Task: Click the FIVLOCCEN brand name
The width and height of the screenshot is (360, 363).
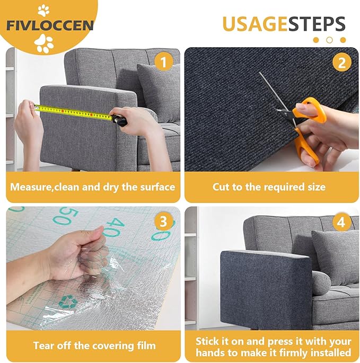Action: point(50,25)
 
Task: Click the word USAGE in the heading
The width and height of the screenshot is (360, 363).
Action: point(254,24)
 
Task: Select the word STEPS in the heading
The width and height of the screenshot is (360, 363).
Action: point(316,24)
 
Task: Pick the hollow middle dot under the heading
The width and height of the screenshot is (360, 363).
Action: point(329,40)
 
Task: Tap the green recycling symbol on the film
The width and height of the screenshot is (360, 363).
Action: point(68,303)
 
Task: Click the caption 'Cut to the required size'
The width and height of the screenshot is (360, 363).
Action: point(269,187)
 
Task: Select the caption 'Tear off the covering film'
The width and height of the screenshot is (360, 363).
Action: point(94,346)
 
